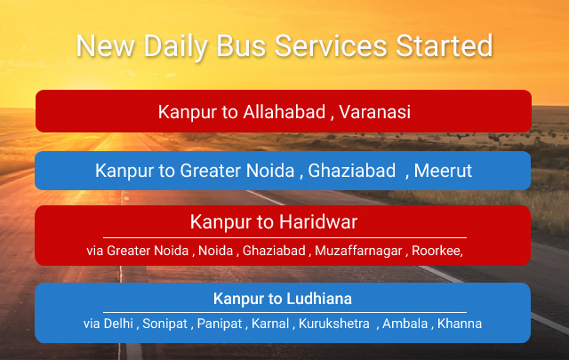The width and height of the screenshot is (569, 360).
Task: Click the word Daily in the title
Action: pos(176,47)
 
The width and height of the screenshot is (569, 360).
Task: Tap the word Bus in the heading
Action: pos(241,46)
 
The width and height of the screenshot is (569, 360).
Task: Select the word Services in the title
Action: pos(331,46)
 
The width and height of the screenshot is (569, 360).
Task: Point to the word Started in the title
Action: pos(445,45)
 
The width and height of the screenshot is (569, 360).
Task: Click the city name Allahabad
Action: pos(284,111)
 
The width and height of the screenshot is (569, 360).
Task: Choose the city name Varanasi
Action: pos(374,111)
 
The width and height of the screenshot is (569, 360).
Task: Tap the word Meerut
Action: pos(443,171)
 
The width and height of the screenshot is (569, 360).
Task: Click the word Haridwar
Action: pos(318,221)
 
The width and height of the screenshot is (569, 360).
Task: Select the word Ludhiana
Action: pos(319,299)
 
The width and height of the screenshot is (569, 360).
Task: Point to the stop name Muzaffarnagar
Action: pos(358,251)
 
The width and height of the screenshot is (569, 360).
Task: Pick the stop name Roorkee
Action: pos(437,251)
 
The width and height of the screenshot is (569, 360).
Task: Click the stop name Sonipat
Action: pos(164,324)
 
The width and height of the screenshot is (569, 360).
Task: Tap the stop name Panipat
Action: pos(220,324)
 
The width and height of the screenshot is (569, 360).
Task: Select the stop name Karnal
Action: pos(270,324)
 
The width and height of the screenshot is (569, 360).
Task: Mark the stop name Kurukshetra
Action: pos(334,324)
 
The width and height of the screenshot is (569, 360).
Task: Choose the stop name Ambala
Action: pos(405,324)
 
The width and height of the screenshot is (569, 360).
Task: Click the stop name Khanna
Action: pos(460,324)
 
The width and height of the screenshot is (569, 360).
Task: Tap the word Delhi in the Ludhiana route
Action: pos(118,324)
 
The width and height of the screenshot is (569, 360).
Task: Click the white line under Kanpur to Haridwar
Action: pos(284,237)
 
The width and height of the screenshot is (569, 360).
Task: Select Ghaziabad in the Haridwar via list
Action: pos(274,251)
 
